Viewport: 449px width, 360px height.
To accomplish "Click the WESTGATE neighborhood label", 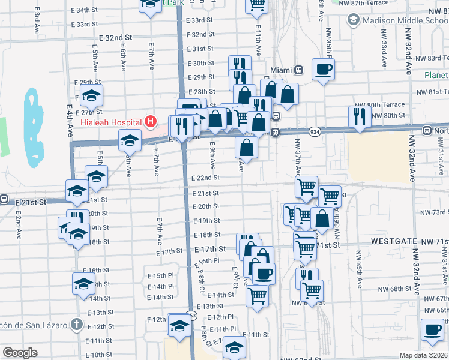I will (393, 241).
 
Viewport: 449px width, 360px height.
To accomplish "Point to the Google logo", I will (20, 353).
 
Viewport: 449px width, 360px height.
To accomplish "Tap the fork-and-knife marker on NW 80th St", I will (360, 116).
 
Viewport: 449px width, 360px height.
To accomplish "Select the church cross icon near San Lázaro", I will (76, 325).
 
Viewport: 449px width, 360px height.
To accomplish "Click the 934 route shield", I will (315, 131).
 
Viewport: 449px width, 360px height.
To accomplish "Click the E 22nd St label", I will (206, 178).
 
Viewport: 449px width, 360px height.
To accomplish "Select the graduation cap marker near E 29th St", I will (91, 94).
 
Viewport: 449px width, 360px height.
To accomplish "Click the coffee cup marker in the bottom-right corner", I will (432, 329).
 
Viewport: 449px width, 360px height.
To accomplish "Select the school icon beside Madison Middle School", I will (353, 20).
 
